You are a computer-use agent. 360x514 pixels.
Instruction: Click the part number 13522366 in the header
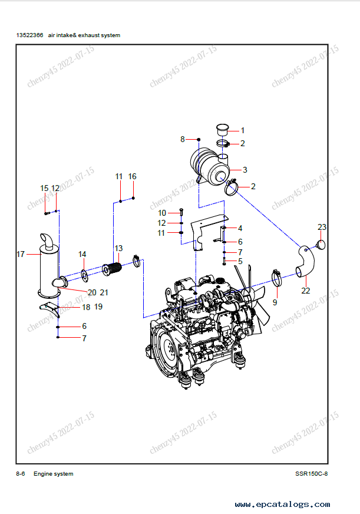coord(29,35)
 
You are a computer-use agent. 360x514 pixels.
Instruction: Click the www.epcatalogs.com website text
coord(282,505)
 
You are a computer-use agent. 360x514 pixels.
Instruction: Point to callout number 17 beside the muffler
coord(21,255)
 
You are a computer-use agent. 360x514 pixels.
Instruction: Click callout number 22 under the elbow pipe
coord(305,290)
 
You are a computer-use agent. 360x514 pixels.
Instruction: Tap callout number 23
coord(322,227)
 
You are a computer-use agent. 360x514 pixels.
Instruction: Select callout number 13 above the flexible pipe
coord(118,248)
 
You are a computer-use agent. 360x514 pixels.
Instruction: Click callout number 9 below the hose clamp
coord(275,302)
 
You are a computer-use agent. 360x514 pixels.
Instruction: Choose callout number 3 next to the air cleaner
coord(245,170)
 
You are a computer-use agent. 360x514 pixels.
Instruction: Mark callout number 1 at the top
coord(242,130)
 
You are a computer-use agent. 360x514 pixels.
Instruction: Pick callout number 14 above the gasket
coord(82,255)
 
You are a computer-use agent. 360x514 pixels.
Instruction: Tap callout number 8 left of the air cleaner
coord(183,139)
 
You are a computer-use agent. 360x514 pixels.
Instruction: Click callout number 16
coord(132,176)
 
